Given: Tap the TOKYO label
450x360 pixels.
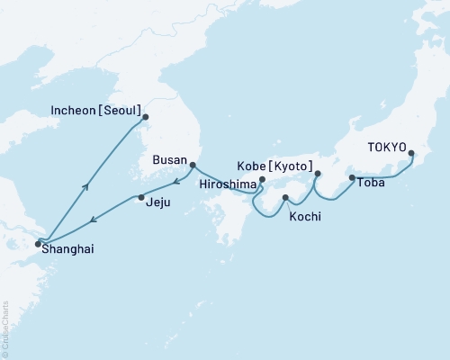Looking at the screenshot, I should (x=386, y=147).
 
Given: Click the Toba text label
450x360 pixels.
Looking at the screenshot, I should (x=373, y=183).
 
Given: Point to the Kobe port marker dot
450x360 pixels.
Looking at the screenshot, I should (x=317, y=174).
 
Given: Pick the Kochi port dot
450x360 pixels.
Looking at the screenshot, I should (x=285, y=197).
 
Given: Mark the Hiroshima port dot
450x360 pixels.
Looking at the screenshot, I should (x=262, y=180).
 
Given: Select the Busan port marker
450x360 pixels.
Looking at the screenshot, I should (x=193, y=165).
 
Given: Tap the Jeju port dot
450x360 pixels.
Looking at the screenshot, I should (x=140, y=197).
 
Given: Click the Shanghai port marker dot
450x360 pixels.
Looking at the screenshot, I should (x=37, y=243).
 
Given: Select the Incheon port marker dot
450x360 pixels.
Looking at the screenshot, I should (x=146, y=117).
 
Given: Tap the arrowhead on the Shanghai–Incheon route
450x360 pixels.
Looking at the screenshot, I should (x=85, y=186).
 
